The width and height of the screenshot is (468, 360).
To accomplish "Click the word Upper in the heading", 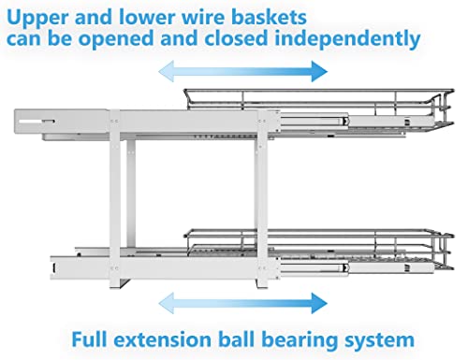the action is coord(37,18).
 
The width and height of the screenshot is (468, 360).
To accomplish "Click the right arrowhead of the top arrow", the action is coord(319,71).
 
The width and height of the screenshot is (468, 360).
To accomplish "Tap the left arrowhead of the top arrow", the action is coord(166,71).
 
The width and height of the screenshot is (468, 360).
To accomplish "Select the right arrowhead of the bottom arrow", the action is coord(319,303).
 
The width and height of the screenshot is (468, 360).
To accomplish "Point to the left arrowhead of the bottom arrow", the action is coord(166,303).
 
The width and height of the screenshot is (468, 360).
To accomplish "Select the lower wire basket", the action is coord(318,250).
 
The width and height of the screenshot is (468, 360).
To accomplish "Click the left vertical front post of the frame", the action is coord(115,199).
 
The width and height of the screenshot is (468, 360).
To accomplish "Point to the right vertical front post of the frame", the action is coord(261,199).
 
